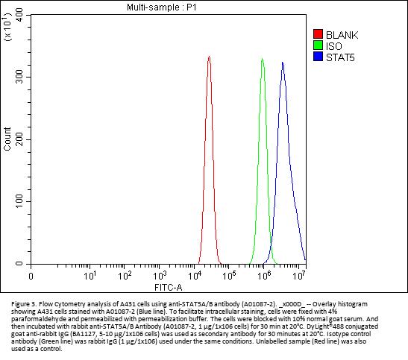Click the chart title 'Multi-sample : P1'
[162, 7]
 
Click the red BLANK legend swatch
[318, 34]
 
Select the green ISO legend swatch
[318, 45]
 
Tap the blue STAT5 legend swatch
[318, 57]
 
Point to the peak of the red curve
[209, 56]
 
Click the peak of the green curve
[262, 58]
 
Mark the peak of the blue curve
[283, 63]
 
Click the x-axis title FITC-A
[169, 288]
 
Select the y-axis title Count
[7, 139]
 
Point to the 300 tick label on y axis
[19, 78]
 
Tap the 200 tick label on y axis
[19, 139]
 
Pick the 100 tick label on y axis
[19, 201]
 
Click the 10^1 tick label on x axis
[90, 276]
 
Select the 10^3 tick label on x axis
[159, 276]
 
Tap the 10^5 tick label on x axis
[229, 276]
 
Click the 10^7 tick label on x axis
[298, 276]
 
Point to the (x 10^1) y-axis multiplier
[7, 27]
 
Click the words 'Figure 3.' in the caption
[23, 304]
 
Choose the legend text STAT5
[340, 57]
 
